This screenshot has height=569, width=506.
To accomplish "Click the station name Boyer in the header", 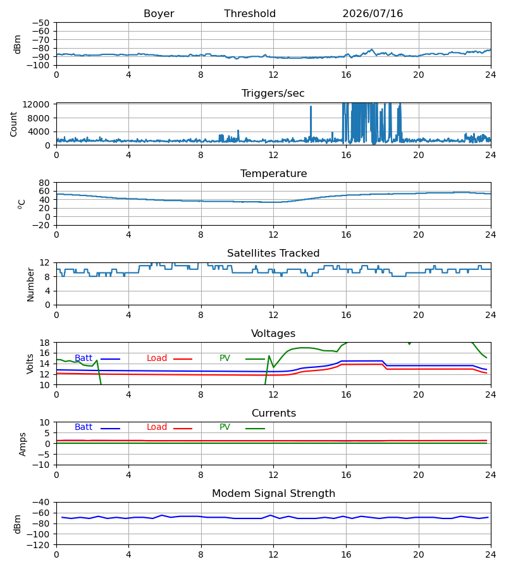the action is [159, 14].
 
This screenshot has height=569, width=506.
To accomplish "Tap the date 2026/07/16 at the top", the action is [373, 14].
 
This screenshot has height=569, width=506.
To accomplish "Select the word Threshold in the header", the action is [250, 14].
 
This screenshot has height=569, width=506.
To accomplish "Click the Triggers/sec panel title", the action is [273, 94].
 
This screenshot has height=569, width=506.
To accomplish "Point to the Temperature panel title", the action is [273, 173].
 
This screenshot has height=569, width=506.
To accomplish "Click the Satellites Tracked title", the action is [273, 254].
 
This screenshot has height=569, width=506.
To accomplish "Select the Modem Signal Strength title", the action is [273, 494].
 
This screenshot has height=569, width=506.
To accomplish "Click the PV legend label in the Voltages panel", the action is [225, 358].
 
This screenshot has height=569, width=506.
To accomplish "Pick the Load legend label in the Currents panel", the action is [156, 427].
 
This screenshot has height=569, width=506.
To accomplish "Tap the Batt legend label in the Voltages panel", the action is [83, 358].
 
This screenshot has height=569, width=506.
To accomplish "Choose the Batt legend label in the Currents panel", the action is [83, 427].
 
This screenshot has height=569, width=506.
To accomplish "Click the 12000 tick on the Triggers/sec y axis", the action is [36, 104].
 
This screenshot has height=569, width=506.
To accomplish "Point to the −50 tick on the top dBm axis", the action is [40, 23].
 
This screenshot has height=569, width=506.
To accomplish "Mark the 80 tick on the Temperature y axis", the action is [44, 183].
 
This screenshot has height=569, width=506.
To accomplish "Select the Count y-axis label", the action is [13, 124].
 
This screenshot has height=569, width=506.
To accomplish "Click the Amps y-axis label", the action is [23, 444].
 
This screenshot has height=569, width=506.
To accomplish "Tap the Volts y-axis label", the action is [30, 364].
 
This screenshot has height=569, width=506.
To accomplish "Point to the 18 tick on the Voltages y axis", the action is [44, 343].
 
